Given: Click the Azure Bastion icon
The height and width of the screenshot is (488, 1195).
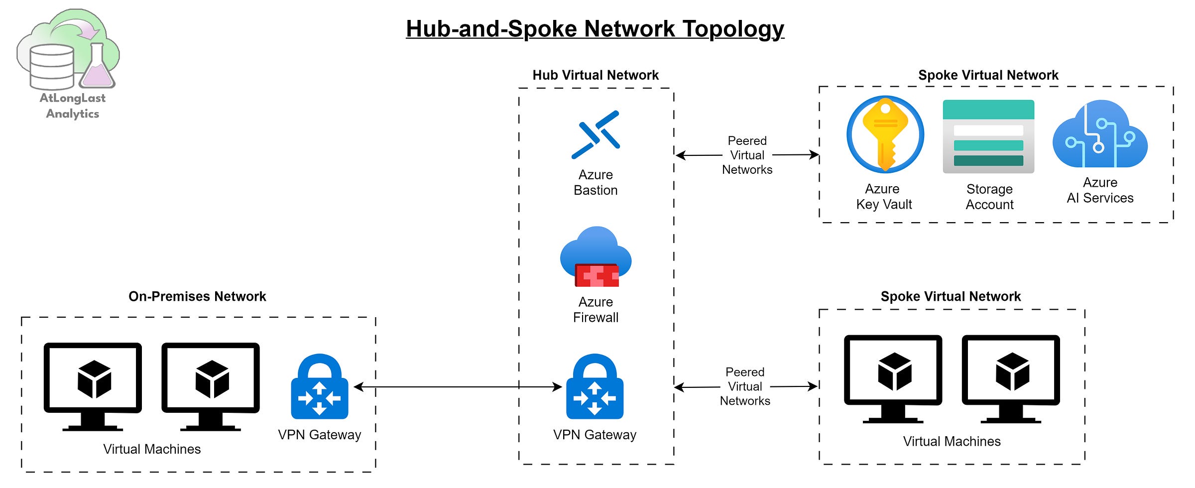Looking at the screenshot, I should coord(596,134).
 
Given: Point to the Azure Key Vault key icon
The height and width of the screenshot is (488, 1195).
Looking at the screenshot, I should coord(885,134).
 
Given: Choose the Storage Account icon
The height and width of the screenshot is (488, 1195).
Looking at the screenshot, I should coord(988,136).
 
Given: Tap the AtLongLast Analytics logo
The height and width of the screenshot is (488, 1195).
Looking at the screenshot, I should coord(70,62).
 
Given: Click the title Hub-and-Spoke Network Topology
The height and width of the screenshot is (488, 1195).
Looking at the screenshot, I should coord(595,29).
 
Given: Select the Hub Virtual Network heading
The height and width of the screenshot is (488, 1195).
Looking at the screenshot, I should coord(596,75).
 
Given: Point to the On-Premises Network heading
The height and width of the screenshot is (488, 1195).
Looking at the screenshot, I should coord(197,296).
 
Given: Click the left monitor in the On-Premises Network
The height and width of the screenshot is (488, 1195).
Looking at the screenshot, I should coord(93,386).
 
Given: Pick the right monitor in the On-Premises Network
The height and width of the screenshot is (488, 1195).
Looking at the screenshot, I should coord(211,386).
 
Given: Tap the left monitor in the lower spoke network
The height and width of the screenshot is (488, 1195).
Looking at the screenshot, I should coord(893,378).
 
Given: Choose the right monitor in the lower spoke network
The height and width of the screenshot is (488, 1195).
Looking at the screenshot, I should coord(1011,378).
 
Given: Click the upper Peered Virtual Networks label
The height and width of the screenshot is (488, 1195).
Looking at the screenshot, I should coord(747,155).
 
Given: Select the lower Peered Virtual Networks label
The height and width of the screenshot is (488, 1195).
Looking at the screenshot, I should coord(745,386).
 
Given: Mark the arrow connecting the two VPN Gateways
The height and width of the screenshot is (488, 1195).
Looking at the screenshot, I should coord(458,387).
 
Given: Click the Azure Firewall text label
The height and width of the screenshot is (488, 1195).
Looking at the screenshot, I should coord(596,310).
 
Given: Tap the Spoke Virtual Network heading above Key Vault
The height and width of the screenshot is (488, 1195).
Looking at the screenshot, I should coord(988,75).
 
